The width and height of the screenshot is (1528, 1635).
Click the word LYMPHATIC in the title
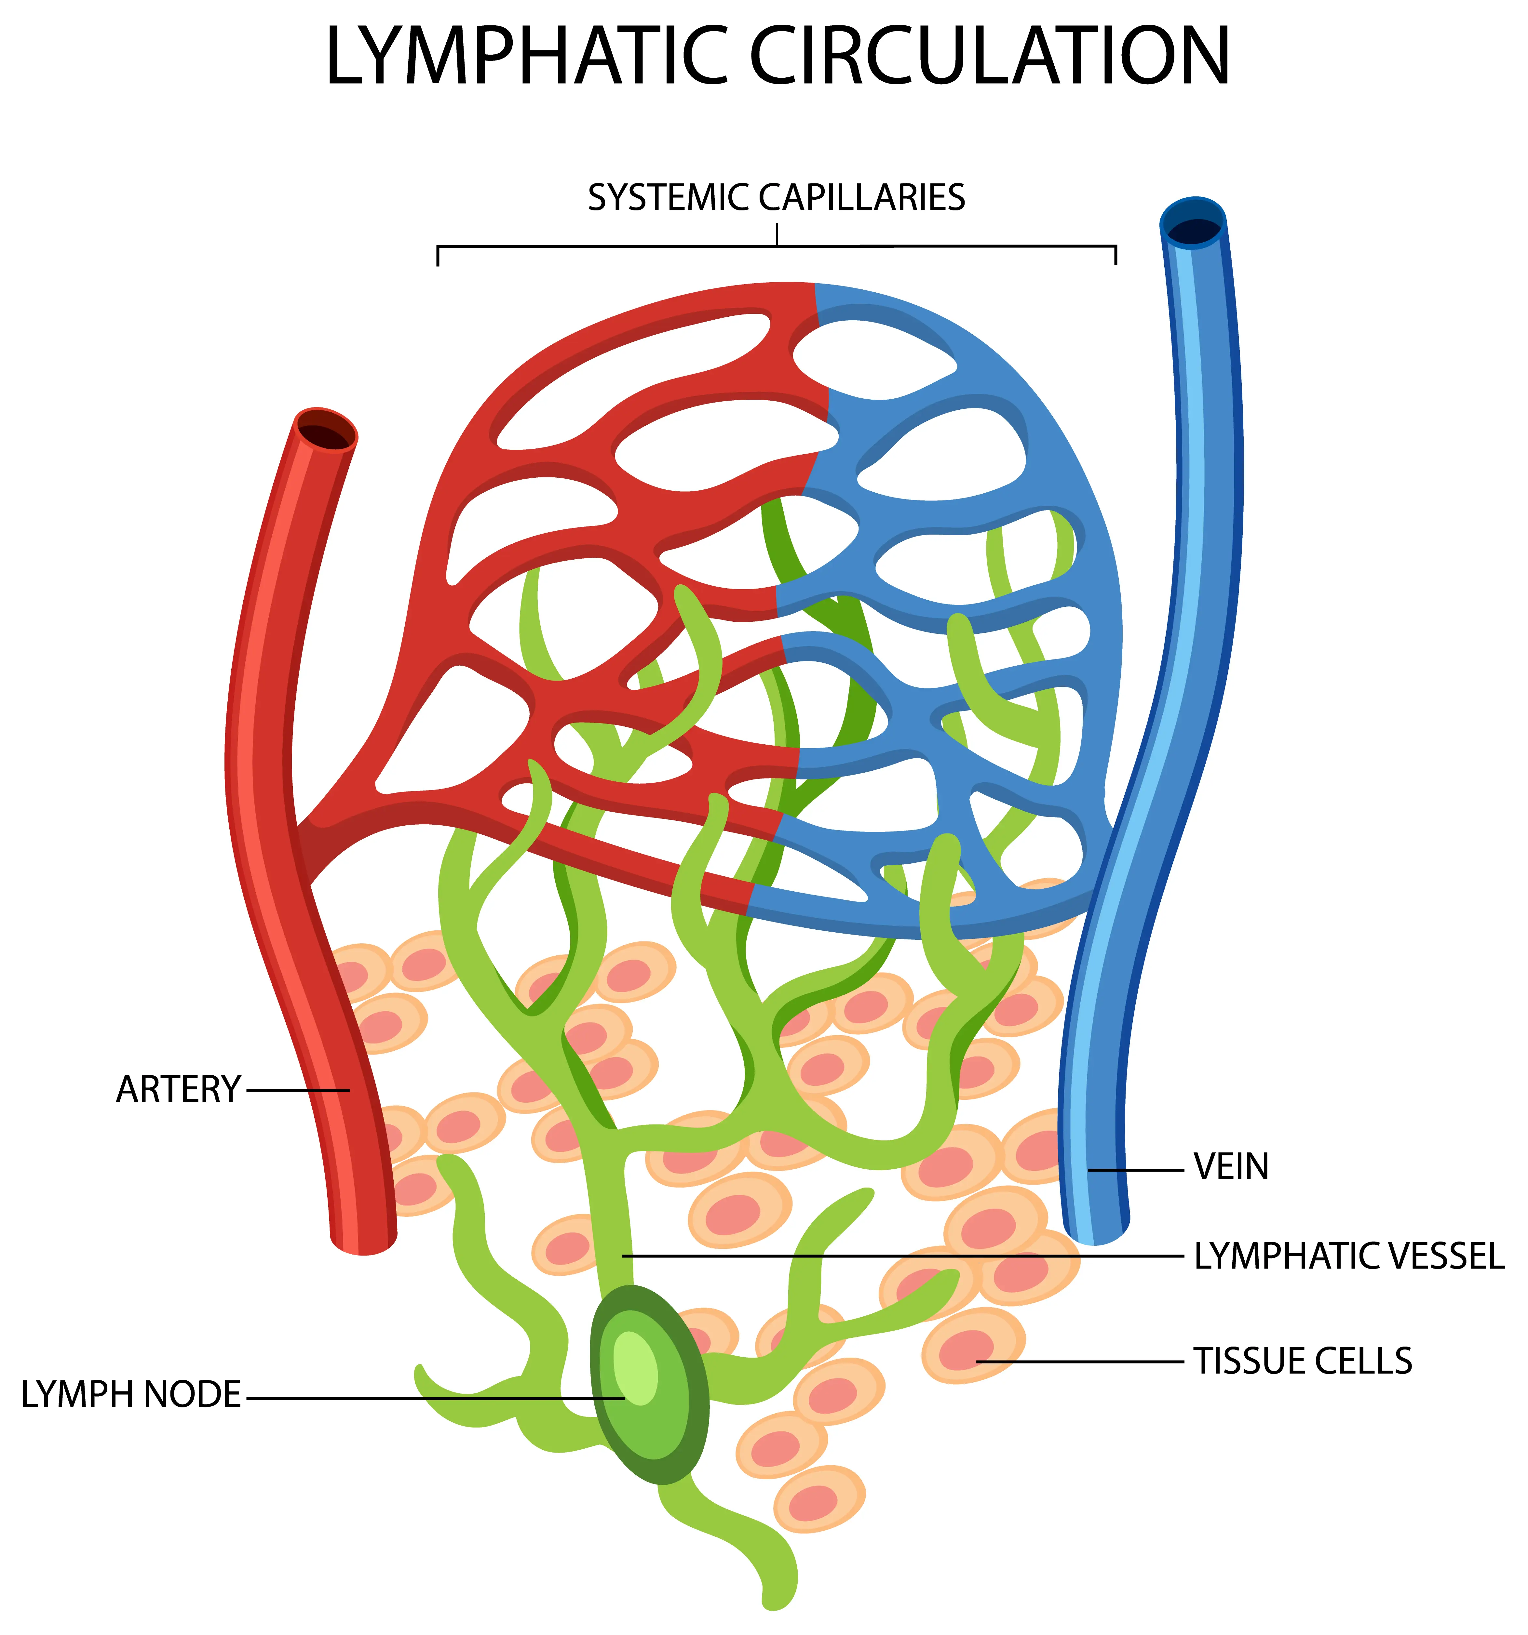pyautogui.click(x=527, y=56)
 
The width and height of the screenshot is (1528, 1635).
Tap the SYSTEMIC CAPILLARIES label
pyautogui.click(x=776, y=198)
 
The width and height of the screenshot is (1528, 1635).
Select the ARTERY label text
pyautogui.click(x=178, y=1090)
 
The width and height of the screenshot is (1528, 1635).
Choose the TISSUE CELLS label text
pyautogui.click(x=1303, y=1361)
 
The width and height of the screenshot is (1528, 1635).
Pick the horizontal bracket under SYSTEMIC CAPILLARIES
pyautogui.click(x=776, y=246)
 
